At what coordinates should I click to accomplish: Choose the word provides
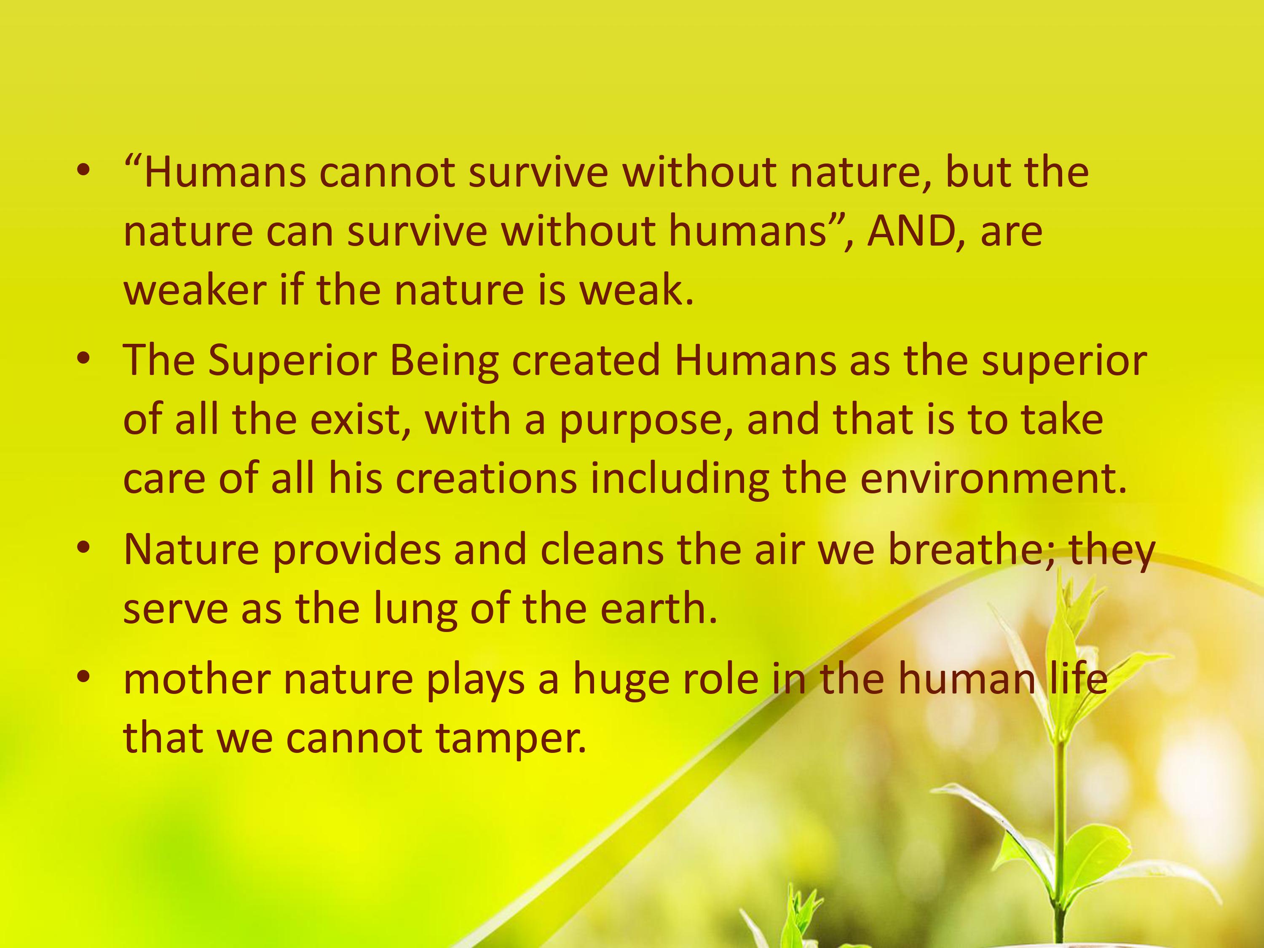(x=356, y=550)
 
